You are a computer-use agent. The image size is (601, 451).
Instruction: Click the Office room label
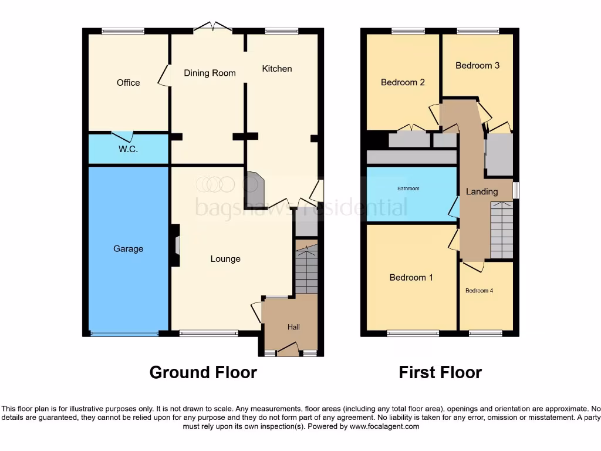coord(128,83)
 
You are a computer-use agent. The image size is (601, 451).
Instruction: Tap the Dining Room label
coord(210,73)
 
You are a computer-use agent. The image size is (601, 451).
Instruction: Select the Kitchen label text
coord(276,69)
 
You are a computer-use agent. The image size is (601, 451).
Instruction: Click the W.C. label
coord(128,149)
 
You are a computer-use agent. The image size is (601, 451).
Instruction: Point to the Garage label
coord(128,249)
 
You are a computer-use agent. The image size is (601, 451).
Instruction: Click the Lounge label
coord(225,259)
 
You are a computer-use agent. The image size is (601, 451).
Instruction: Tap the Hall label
coord(293,327)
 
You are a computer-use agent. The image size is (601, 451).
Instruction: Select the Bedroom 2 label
coord(403,82)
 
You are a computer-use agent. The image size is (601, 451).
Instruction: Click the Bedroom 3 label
coord(477,65)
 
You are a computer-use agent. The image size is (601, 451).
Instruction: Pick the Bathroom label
coord(408,189)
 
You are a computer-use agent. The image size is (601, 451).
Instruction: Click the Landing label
coord(482,191)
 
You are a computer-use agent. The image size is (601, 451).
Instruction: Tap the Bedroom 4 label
coord(480,291)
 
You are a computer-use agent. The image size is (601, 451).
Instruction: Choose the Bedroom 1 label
coord(411,277)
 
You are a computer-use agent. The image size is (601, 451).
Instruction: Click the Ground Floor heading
coord(203,372)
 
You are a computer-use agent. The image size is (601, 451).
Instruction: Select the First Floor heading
coord(440,372)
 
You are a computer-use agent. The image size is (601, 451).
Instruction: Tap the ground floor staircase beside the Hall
coord(306,270)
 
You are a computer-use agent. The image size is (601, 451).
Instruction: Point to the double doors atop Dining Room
coord(212,26)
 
